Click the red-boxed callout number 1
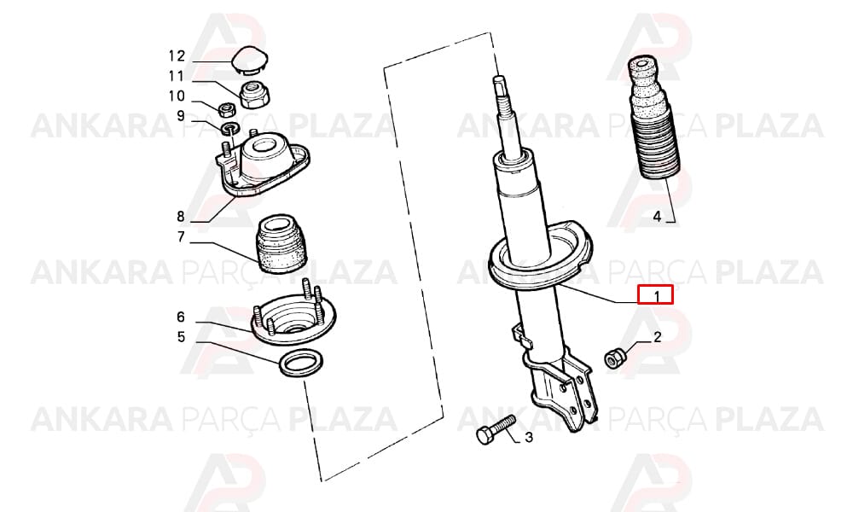(x=657, y=297)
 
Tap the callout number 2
(x=657, y=337)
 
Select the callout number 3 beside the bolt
(x=528, y=436)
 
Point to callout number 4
(x=657, y=217)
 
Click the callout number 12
(x=177, y=55)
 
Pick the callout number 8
(x=181, y=217)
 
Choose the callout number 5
(x=181, y=337)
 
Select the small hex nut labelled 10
(x=226, y=110)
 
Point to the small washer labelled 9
(x=230, y=129)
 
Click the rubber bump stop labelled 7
(x=281, y=244)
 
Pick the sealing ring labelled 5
(x=301, y=363)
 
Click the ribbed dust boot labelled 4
(x=653, y=117)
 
